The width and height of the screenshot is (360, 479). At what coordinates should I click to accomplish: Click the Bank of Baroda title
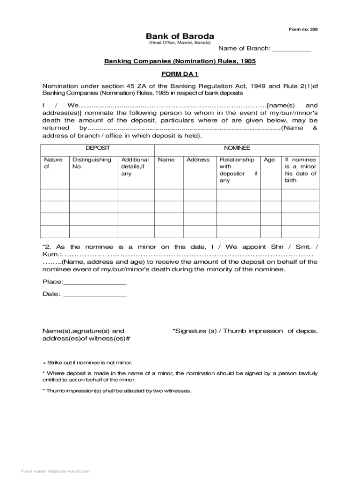pyautogui.click(x=180, y=36)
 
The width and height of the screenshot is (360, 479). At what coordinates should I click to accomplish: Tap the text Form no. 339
pyautogui.click(x=303, y=29)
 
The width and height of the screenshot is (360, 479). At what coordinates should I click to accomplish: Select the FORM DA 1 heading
pyautogui.click(x=180, y=74)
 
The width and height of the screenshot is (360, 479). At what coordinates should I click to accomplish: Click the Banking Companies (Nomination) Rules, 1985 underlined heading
pyautogui.click(x=180, y=61)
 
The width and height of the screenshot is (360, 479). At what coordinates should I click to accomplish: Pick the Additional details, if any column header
pyautogui.click(x=135, y=167)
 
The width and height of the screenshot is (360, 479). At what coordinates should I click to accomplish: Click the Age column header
pyautogui.click(x=269, y=160)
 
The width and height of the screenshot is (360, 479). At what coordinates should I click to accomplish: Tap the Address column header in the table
pyautogui.click(x=198, y=160)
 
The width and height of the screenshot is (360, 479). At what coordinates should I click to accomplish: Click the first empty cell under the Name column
pyautogui.click(x=169, y=195)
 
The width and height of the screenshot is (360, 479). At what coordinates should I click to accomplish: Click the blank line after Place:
pyautogui.click(x=94, y=283)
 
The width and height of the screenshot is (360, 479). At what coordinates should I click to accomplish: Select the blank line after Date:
pyautogui.click(x=94, y=295)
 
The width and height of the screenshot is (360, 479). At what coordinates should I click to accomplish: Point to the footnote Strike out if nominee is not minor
pyautogui.click(x=87, y=363)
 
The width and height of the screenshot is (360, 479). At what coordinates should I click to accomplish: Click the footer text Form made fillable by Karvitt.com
pyautogui.click(x=56, y=471)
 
